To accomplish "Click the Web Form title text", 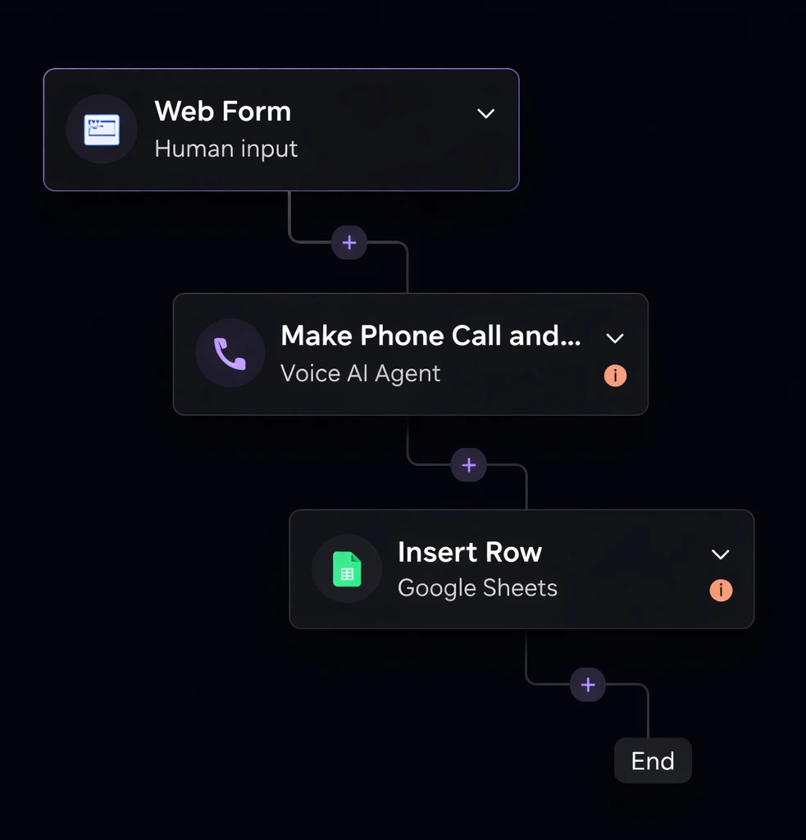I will tap(222, 112).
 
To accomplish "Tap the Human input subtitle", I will tap(225, 149).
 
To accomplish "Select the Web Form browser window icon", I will tap(102, 130).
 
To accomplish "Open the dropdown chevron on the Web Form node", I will tap(486, 113).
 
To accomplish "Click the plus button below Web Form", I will tap(349, 242).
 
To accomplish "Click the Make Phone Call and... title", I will tap(430, 336).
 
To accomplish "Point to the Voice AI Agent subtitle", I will tap(360, 373).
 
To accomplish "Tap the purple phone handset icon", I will tap(230, 354).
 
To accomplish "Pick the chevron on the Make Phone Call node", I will tap(615, 338).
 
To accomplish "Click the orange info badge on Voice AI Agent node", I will tap(615, 376).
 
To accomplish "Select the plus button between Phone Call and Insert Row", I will tap(469, 465).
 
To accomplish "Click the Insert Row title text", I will tap(469, 552).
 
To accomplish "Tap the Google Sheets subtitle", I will tap(477, 588).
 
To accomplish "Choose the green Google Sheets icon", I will tap(347, 569).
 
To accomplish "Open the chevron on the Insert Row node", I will tap(721, 555).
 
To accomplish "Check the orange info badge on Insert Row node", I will tap(721, 590).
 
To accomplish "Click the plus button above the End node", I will tap(588, 684).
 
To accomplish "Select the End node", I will tap(653, 761).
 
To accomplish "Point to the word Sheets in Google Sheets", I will tap(520, 588).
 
